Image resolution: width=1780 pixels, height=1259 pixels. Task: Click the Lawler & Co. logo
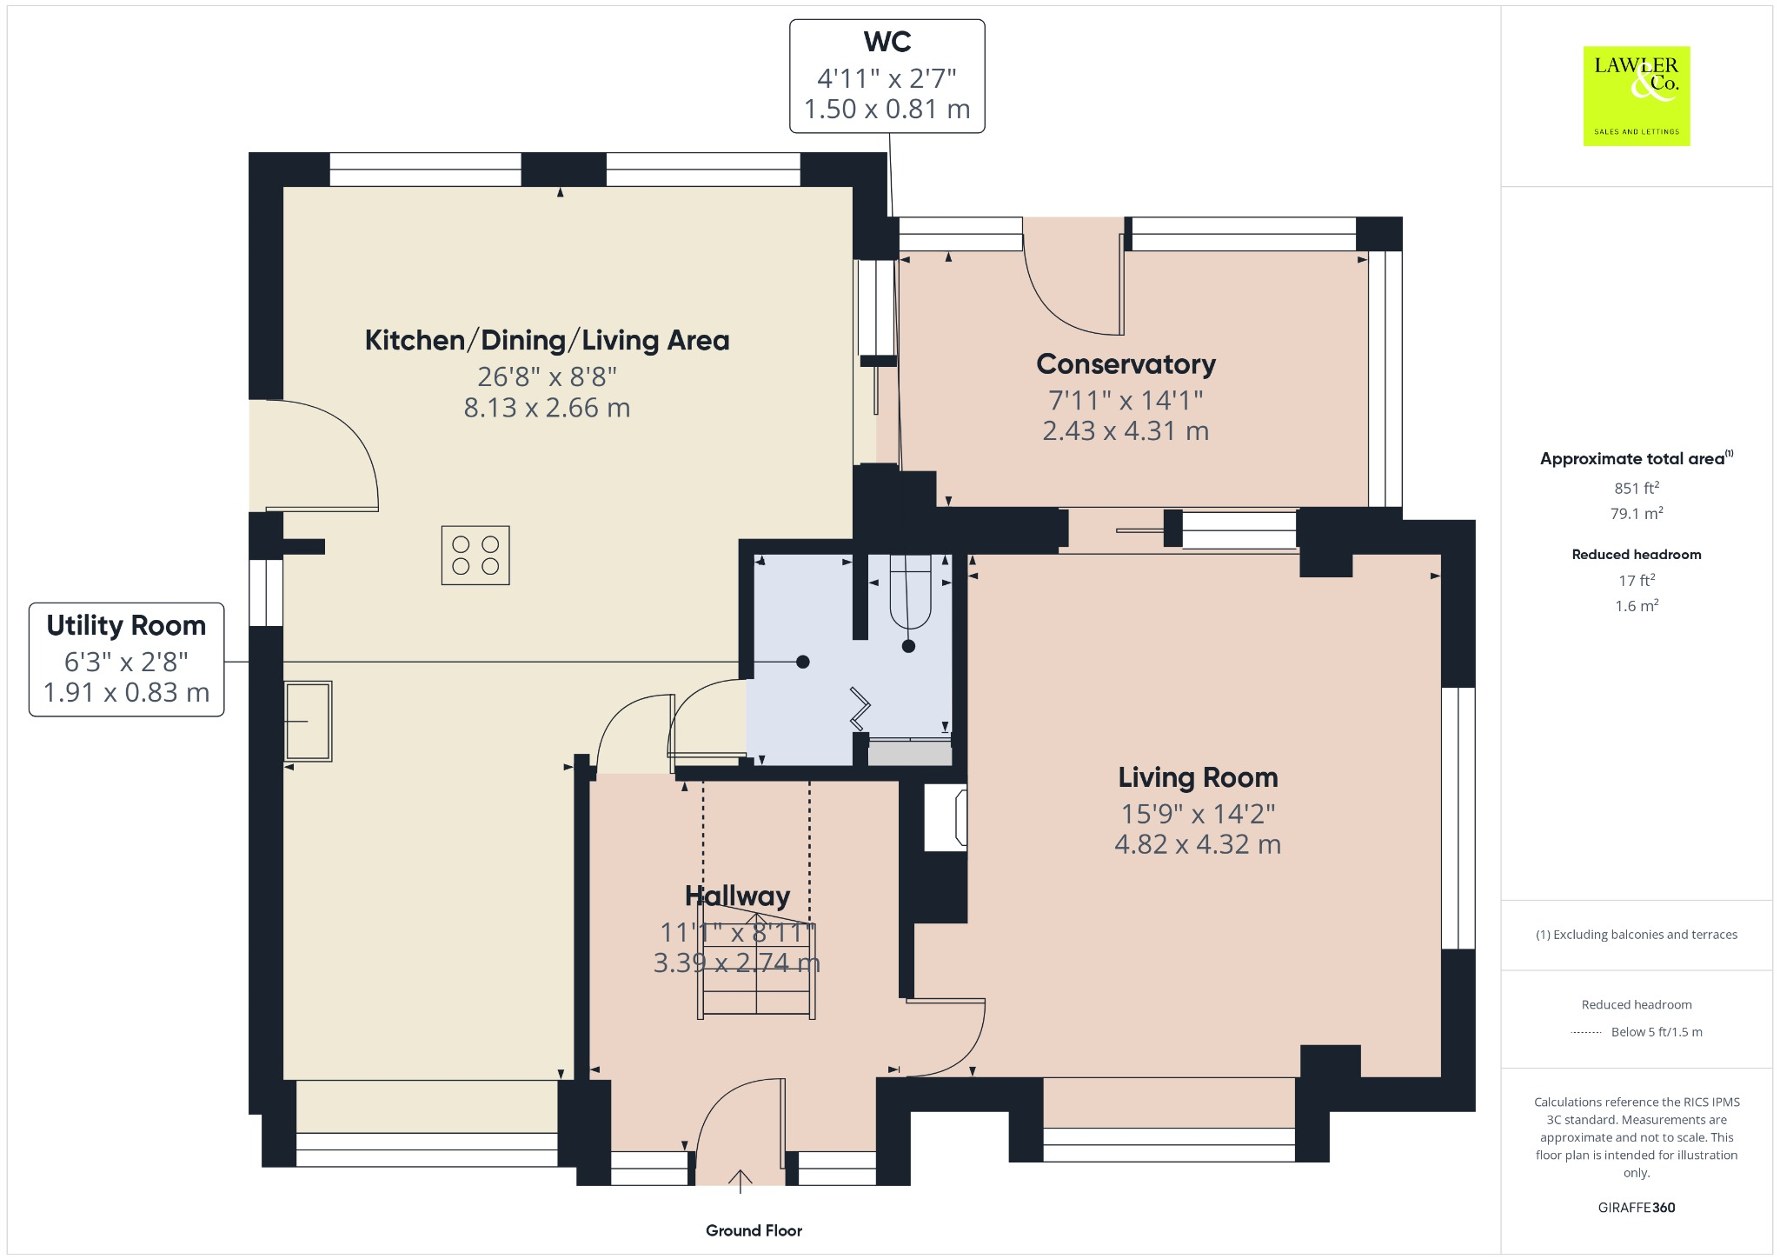point(1636,96)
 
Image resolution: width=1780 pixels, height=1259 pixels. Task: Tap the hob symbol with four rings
point(475,556)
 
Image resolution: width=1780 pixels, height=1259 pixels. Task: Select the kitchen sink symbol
point(309,721)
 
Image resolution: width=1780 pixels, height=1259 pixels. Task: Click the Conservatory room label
point(1126,364)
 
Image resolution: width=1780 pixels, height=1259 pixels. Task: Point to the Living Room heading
point(1198,777)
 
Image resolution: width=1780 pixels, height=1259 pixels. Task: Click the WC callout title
point(887,42)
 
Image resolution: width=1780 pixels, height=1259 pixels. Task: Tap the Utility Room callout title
point(126,625)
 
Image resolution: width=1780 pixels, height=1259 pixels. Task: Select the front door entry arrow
point(740,1181)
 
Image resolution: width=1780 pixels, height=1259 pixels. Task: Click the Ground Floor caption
point(754,1230)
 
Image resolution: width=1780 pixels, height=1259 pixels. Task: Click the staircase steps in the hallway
point(756,974)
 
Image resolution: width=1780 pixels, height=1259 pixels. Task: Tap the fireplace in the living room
point(946,817)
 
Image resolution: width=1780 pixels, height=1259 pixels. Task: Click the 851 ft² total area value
point(1636,488)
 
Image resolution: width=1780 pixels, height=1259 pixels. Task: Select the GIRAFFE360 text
point(1636,1207)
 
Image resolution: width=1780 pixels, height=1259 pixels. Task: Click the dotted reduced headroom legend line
point(1586,1032)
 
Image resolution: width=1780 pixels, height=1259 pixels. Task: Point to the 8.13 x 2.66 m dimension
point(547,408)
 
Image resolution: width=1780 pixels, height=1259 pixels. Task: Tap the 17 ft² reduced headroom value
point(1636,580)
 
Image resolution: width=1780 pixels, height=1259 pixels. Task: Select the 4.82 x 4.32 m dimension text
point(1198,844)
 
